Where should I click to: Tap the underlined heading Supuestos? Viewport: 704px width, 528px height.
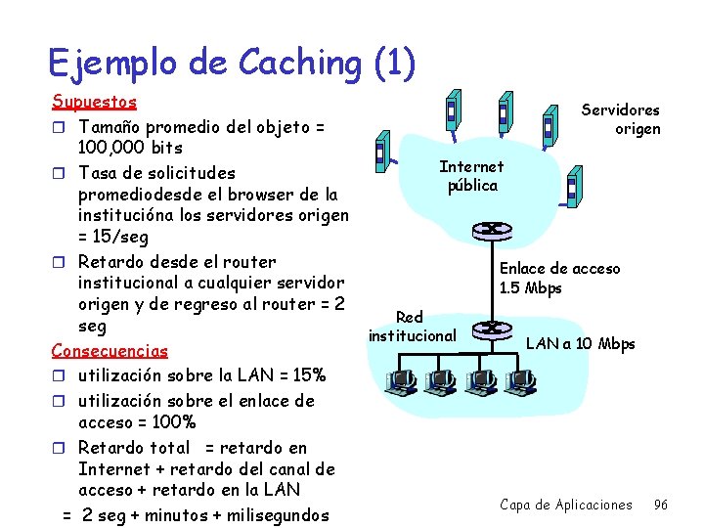click(94, 102)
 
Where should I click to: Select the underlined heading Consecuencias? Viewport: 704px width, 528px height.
click(110, 350)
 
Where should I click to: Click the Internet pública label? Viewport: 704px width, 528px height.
click(472, 176)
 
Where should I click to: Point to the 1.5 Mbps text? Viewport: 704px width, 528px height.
click(531, 288)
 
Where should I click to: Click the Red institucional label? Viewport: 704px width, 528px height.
click(412, 327)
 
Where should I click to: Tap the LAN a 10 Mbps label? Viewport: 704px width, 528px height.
click(581, 343)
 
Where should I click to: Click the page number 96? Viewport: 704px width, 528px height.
click(661, 505)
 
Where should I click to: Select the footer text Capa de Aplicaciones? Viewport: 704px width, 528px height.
click(566, 505)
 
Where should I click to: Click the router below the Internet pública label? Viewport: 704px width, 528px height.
click(486, 231)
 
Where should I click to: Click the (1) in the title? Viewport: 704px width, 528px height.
click(394, 63)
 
